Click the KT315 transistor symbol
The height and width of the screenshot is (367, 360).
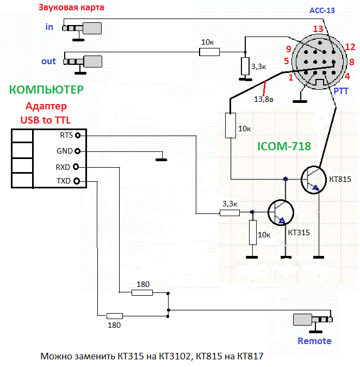click(x=281, y=213)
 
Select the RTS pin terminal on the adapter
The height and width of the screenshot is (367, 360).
click(x=78, y=135)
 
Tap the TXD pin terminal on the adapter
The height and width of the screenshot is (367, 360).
click(x=78, y=181)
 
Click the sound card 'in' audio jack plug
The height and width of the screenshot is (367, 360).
click(x=82, y=28)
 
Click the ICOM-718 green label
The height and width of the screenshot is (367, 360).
click(x=283, y=146)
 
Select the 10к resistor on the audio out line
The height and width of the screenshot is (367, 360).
click(x=209, y=52)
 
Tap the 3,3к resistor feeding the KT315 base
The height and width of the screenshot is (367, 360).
click(x=229, y=213)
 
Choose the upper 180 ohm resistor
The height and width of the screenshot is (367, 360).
click(x=142, y=293)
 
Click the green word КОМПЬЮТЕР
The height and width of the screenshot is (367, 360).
click(x=46, y=89)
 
